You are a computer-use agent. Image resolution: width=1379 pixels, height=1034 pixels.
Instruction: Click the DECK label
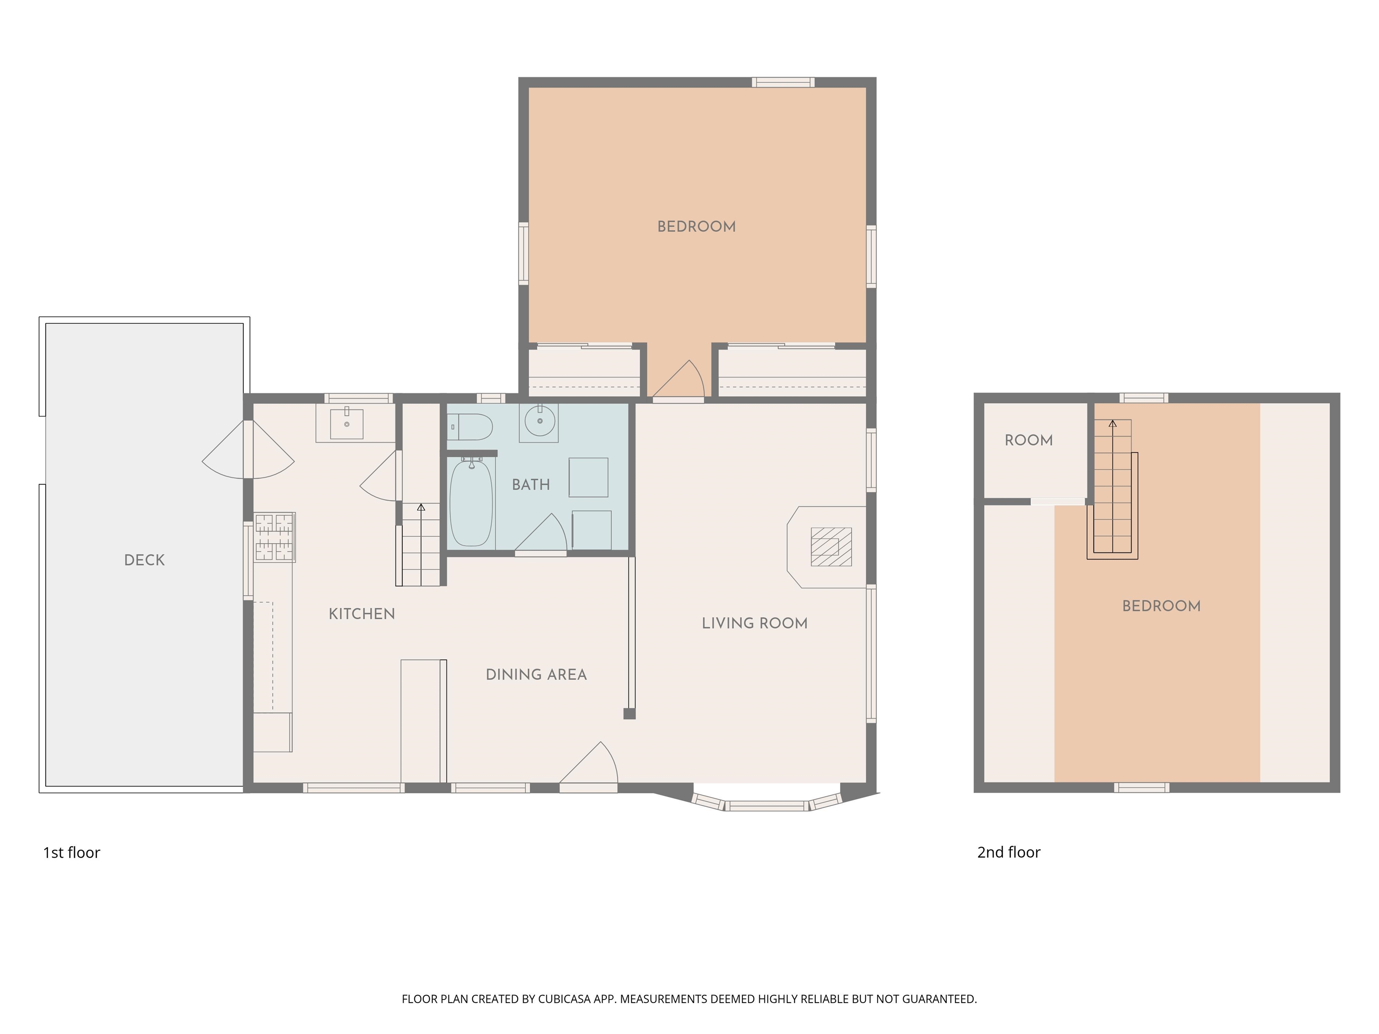coord(144,560)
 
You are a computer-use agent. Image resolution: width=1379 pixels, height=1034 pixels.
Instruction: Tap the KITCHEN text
coord(361,614)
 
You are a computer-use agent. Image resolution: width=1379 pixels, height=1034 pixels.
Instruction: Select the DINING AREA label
coord(536,675)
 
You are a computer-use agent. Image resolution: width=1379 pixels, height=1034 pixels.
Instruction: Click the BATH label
coord(531,484)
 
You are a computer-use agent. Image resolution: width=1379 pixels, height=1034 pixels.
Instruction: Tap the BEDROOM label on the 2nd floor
coord(1161,606)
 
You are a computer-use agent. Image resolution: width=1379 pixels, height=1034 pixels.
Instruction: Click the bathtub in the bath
coord(471,504)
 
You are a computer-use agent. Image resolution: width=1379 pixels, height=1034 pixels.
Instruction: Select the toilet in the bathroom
coord(471,427)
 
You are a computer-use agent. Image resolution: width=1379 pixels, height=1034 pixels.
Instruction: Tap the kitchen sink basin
coord(347,424)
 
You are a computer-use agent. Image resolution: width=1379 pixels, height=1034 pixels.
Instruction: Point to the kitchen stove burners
coord(274,537)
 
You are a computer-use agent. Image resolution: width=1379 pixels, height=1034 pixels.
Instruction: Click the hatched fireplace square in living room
coord(830,547)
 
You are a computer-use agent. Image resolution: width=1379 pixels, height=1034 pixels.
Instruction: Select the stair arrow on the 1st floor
coord(421,508)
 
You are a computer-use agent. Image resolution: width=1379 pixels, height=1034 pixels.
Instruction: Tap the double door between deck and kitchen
coord(248,449)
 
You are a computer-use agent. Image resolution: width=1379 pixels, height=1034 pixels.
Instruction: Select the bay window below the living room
coord(768,805)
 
